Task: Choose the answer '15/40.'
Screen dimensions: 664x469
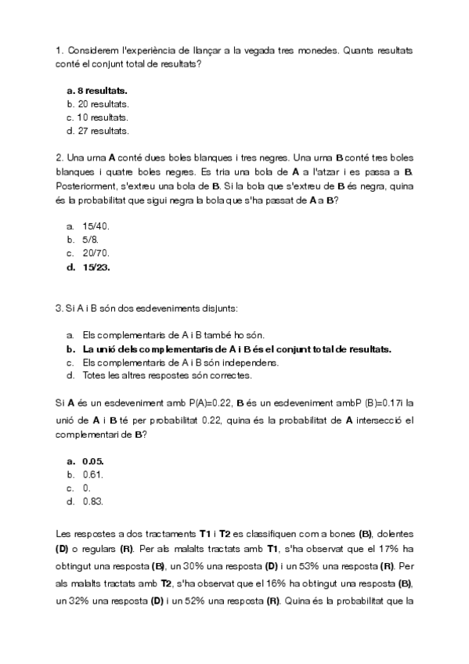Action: click(x=96, y=226)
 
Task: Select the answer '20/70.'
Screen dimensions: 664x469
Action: click(x=96, y=253)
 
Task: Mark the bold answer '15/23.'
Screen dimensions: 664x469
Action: click(x=96, y=267)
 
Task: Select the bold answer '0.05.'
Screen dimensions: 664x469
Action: click(x=93, y=461)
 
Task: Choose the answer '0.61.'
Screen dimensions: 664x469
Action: click(x=93, y=475)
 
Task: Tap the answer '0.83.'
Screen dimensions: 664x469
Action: click(x=93, y=501)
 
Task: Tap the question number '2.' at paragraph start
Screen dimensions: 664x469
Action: click(x=60, y=157)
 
